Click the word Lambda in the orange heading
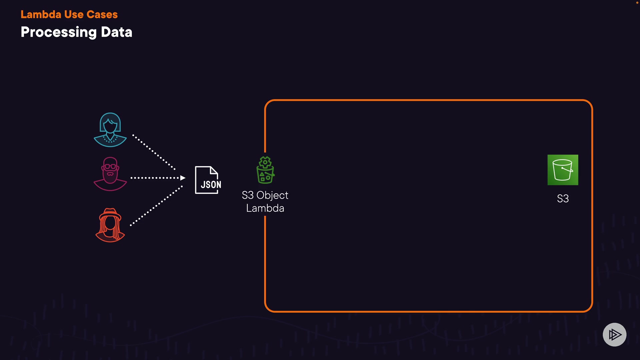[x=41, y=14]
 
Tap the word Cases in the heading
[x=102, y=14]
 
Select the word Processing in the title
[x=59, y=32]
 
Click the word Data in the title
[x=117, y=32]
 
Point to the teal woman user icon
[x=110, y=130]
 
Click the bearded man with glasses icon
[x=110, y=174]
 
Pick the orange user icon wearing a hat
[x=110, y=225]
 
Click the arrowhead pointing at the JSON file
[x=183, y=178]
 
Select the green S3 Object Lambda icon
[x=265, y=170]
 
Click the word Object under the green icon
[x=272, y=195]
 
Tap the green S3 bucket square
[x=563, y=170]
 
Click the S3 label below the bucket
[x=563, y=199]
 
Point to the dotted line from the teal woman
[x=154, y=152]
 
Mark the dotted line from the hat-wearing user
[x=156, y=206]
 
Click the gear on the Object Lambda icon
[x=265, y=162]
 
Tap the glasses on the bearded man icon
[x=110, y=166]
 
